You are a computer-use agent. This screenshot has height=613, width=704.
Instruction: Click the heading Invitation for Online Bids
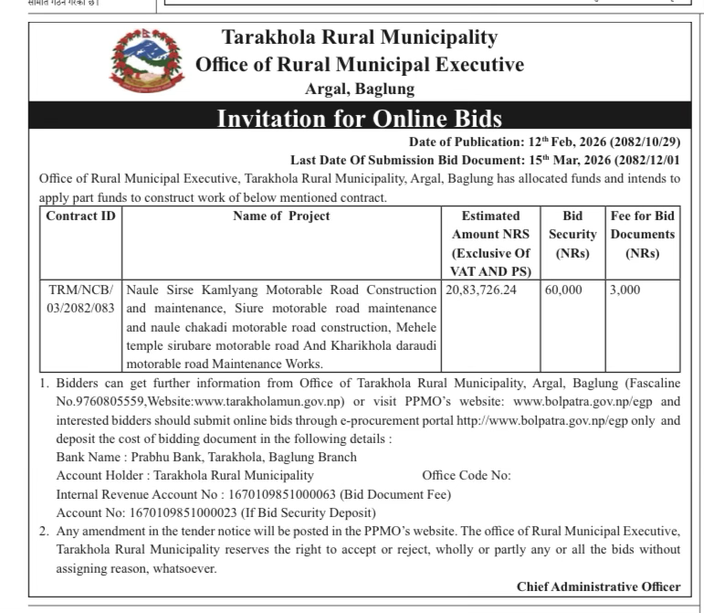point(360,119)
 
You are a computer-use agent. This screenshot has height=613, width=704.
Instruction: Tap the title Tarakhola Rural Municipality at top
point(360,37)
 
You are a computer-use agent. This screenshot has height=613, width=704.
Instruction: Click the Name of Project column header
point(281,217)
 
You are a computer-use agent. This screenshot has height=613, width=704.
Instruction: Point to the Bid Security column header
point(572,234)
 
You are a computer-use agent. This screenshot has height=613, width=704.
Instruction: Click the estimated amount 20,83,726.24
point(480,290)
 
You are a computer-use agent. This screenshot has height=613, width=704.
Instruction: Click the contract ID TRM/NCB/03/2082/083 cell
point(80,299)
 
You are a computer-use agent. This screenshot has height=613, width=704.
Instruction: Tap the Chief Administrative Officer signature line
point(598,587)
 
